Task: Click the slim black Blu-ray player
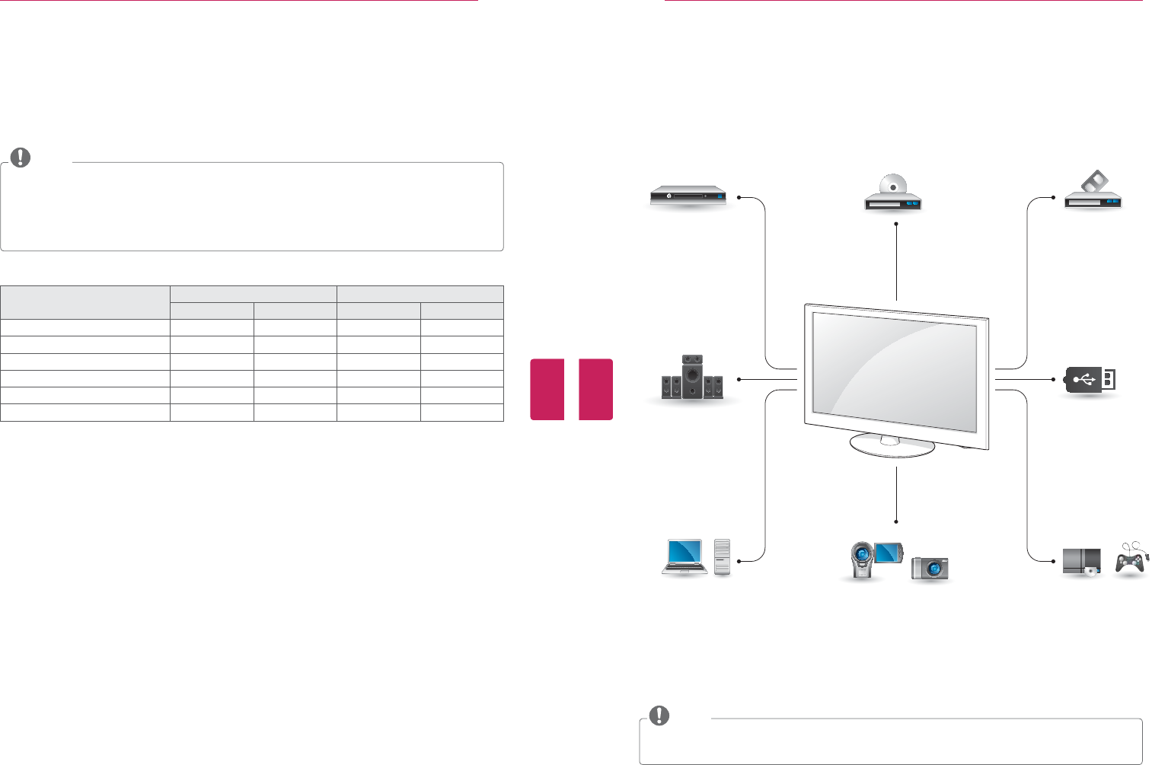pos(688,196)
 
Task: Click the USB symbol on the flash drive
pos(1085,378)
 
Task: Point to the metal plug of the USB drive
pos(1109,378)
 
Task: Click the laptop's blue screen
pos(684,551)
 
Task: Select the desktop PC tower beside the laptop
pos(722,557)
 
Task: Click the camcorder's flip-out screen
pos(889,553)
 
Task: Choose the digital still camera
pos(930,568)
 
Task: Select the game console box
pos(1082,561)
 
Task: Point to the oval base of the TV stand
pos(892,446)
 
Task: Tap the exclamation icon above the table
pos(21,158)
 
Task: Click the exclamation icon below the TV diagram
pos(659,716)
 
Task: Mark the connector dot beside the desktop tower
pos(739,561)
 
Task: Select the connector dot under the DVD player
pos(897,224)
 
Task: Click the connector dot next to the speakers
pos(739,378)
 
